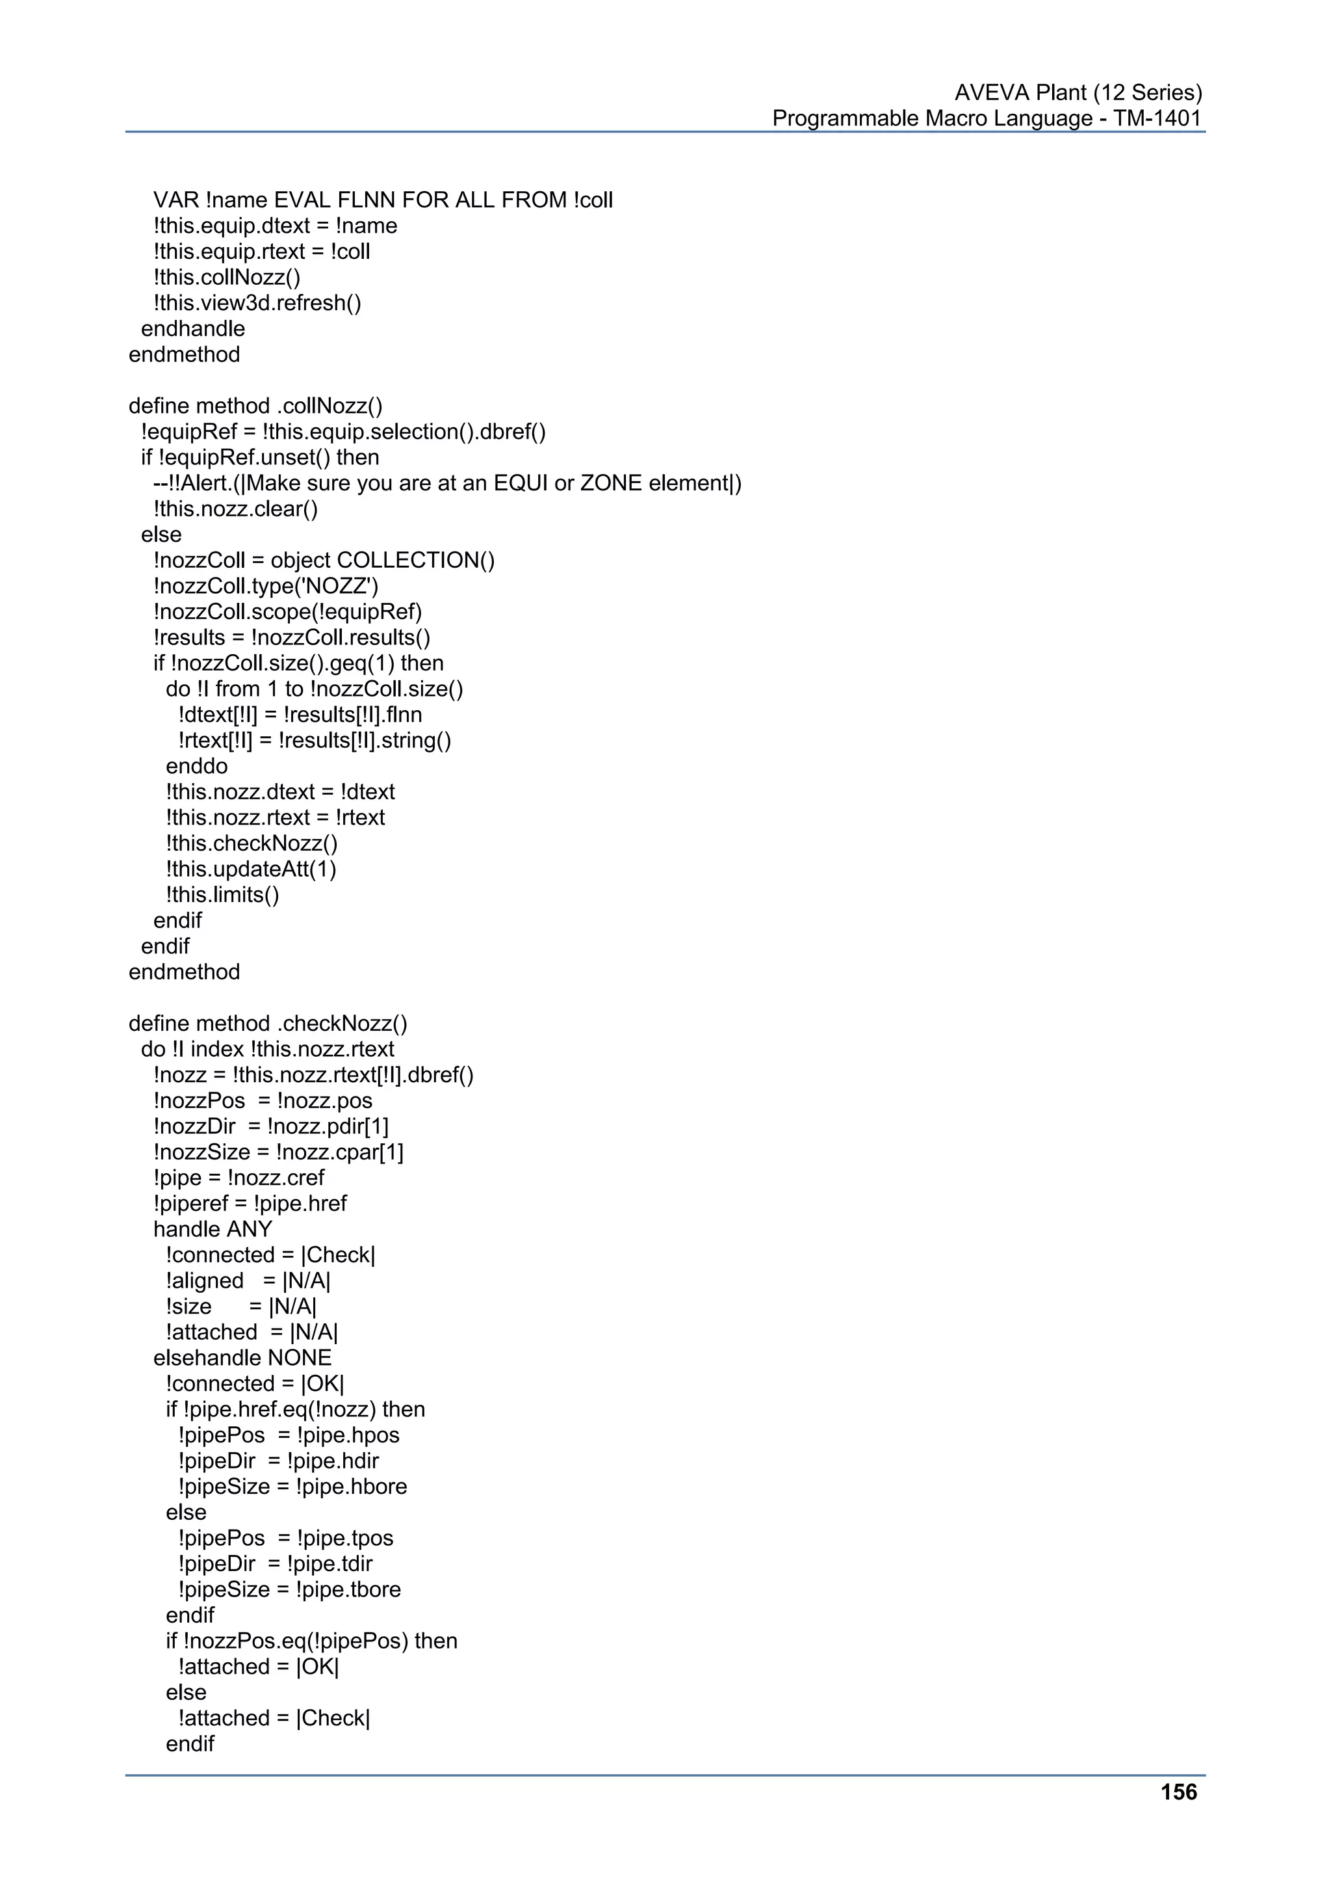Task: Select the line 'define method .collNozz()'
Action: (255, 406)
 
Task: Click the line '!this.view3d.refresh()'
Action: (257, 303)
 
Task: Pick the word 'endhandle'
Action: (193, 329)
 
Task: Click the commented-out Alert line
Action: (447, 483)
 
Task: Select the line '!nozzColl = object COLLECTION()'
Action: (324, 561)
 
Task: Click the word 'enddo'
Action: (197, 766)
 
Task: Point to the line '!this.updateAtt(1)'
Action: (251, 869)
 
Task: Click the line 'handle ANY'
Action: (213, 1229)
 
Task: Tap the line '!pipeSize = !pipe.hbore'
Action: (292, 1487)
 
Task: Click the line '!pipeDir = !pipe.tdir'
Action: (275, 1564)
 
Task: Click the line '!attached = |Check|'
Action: (274, 1718)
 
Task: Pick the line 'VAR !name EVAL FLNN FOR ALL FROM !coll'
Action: (383, 200)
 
